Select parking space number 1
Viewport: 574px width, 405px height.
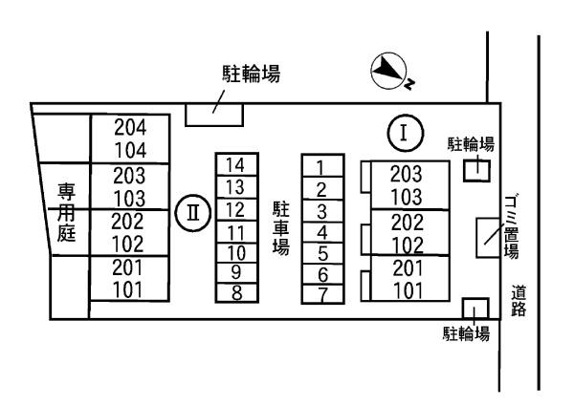[321, 168]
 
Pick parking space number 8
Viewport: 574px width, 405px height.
[236, 293]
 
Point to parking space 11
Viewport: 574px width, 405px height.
[236, 231]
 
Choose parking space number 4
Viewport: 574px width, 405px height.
[322, 231]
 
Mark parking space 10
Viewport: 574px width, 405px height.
[236, 252]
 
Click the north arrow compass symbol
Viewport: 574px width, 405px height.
[386, 70]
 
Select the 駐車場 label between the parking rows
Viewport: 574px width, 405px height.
[280, 226]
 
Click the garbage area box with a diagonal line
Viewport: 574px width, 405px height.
[489, 237]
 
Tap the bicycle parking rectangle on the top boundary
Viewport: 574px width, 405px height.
[212, 114]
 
